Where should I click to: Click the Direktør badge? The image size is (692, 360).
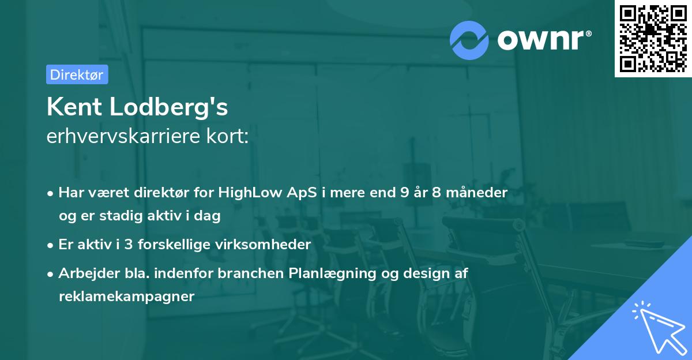click(77, 74)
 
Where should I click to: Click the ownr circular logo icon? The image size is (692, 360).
click(469, 40)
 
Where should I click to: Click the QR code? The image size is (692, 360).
click(653, 39)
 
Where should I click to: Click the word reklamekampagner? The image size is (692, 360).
click(126, 297)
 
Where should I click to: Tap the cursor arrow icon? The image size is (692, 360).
click(657, 327)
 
